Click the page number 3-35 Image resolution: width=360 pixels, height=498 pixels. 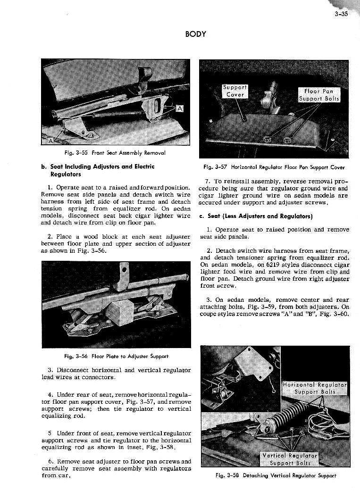(339, 14)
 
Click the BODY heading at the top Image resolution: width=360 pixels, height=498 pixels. (194, 34)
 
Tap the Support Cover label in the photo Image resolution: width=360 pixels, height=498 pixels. (235, 91)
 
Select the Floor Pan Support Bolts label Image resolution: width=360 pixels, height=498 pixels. (319, 95)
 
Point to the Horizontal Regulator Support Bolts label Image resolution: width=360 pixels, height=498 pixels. (315, 388)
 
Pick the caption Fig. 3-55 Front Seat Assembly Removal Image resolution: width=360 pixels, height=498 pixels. (115, 153)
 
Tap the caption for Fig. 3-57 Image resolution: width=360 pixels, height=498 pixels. (274, 167)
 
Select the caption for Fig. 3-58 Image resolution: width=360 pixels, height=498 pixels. (275, 476)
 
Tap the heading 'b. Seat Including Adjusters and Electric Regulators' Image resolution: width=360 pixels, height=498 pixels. (98, 170)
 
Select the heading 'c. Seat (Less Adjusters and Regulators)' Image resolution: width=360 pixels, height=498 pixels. (253, 216)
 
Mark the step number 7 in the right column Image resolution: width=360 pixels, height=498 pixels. (208, 182)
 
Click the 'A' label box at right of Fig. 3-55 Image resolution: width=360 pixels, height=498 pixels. (180, 109)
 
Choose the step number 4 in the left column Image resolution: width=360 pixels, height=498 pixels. (50, 394)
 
